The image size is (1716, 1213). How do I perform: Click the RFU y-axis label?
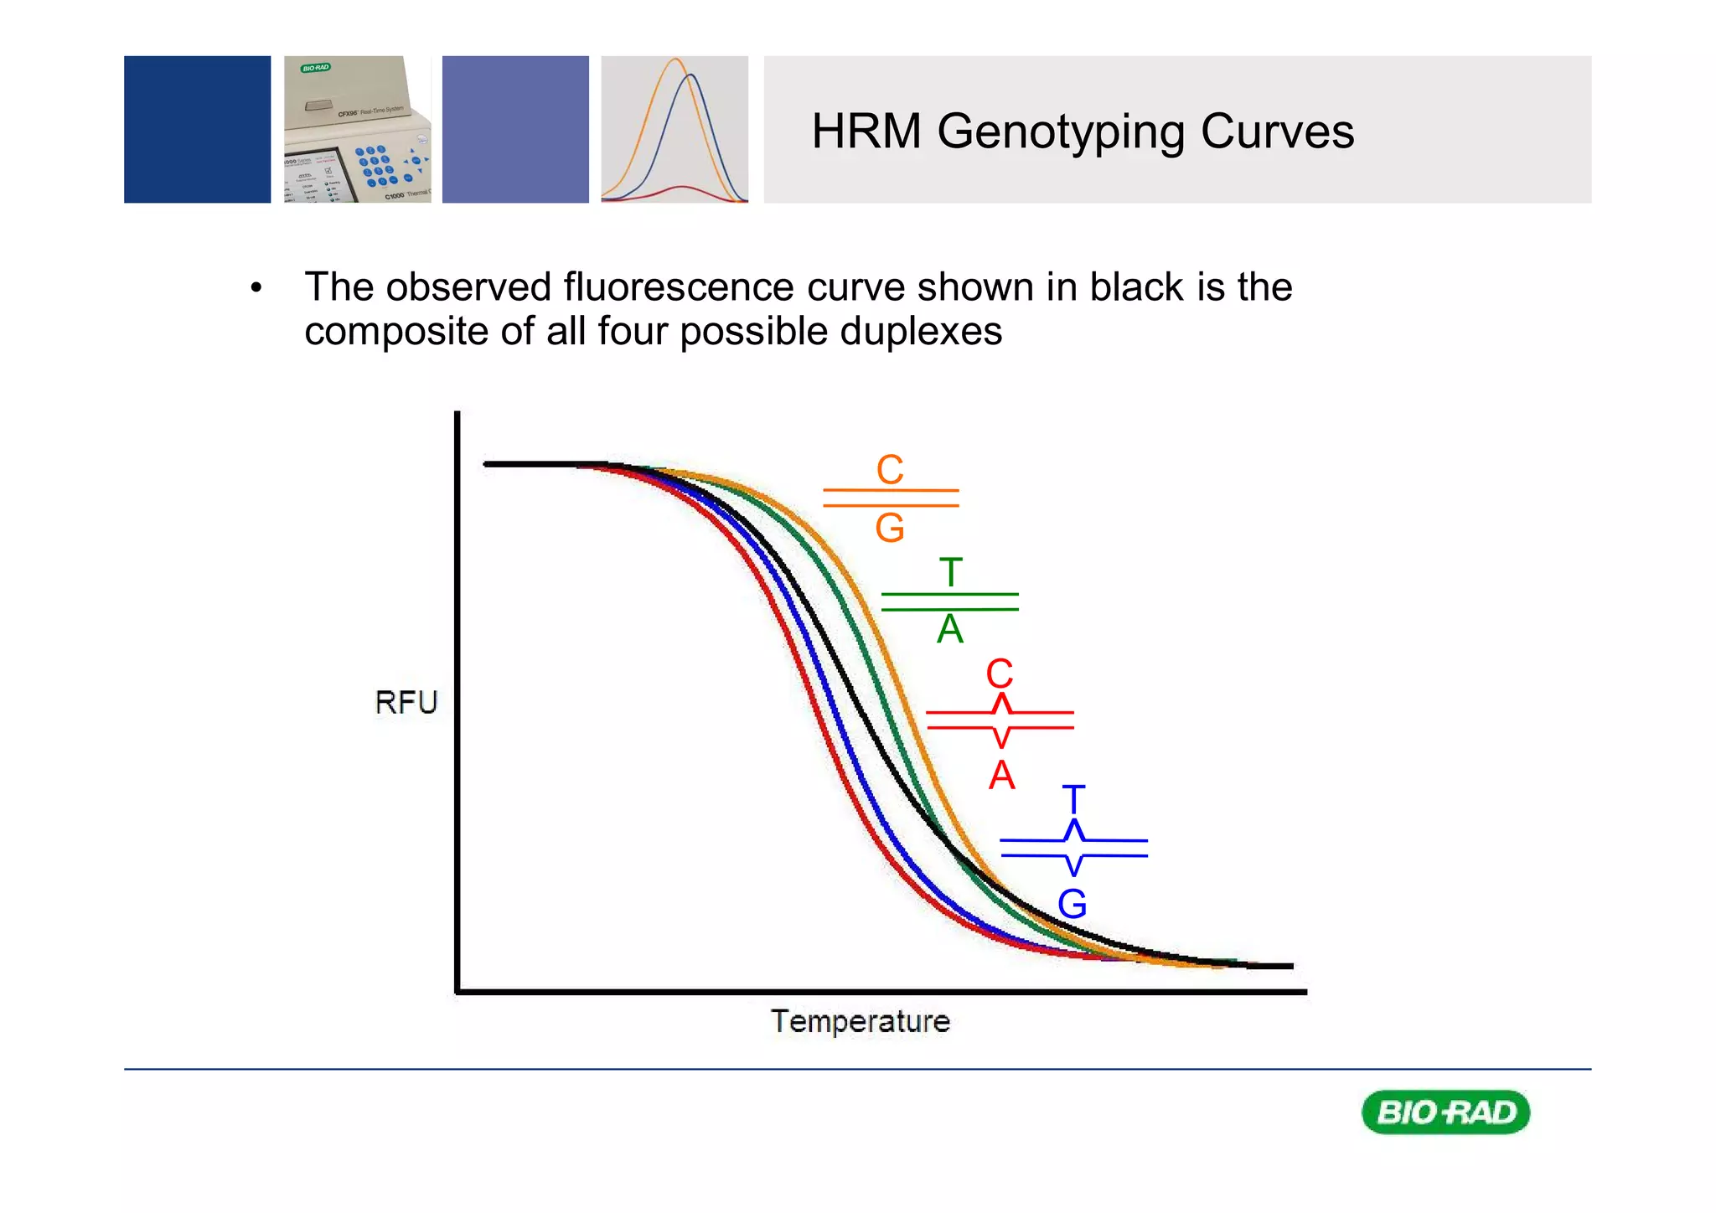click(406, 702)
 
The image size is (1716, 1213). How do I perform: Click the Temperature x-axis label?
click(861, 1021)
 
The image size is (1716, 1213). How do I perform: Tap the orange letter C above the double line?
click(890, 469)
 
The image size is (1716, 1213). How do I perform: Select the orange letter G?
click(890, 528)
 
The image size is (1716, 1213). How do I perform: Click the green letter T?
click(950, 573)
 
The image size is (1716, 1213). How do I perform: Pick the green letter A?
click(950, 629)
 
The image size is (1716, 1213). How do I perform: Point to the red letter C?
click(1000, 674)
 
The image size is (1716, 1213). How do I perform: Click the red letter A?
click(1001, 775)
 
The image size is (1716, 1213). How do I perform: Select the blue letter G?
click(1072, 904)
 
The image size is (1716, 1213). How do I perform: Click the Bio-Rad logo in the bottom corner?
click(1446, 1112)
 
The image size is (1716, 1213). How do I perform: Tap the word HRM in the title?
click(866, 132)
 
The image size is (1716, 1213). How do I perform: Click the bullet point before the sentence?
click(256, 289)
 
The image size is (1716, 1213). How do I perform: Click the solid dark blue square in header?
click(198, 130)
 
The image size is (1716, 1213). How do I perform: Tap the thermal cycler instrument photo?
click(357, 130)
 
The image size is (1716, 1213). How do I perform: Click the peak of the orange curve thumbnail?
click(675, 60)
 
